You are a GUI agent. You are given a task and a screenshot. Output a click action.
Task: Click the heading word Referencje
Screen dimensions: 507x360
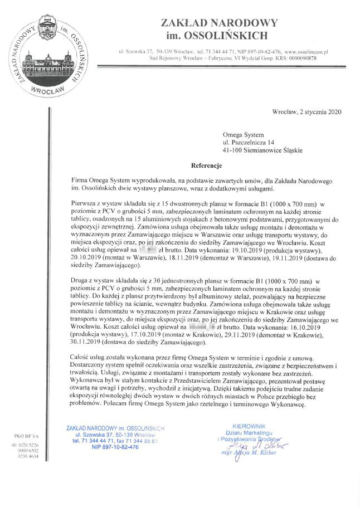pos(207,166)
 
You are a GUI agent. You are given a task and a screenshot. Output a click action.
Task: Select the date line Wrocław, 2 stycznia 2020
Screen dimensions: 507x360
pos(307,112)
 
